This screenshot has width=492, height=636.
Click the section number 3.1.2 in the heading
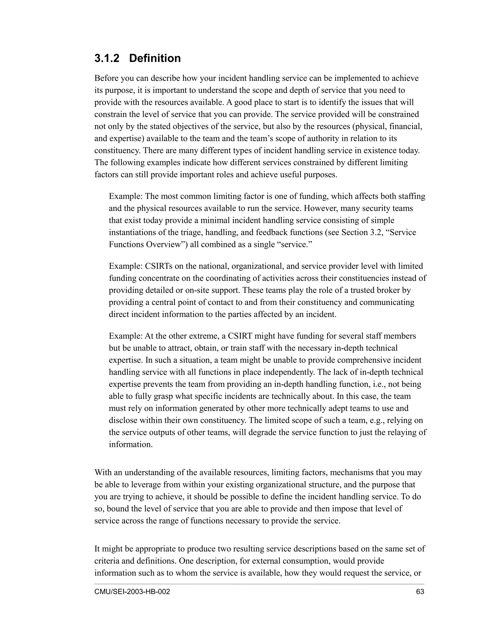point(107,58)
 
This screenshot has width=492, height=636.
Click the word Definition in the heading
point(155,58)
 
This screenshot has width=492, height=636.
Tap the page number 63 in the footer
point(420,592)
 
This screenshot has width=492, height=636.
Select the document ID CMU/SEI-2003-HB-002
point(132,592)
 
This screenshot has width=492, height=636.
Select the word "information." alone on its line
point(131,444)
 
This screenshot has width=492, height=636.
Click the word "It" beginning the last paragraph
point(97,549)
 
